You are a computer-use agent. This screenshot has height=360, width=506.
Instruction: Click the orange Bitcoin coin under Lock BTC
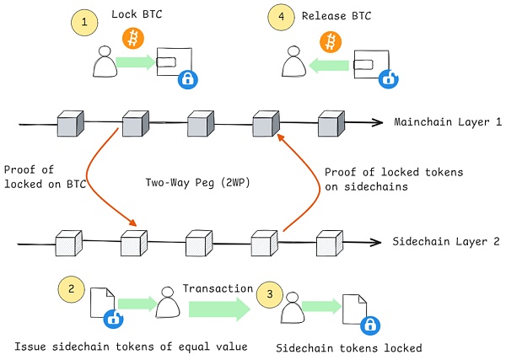pos(133,37)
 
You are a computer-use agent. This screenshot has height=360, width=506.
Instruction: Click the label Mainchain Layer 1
pos(448,122)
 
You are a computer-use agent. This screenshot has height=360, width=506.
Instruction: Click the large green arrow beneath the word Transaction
pos(215,309)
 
